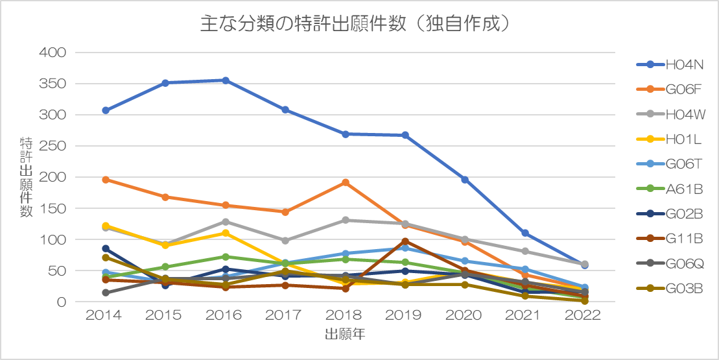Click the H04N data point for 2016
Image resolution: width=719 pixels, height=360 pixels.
pyautogui.click(x=225, y=80)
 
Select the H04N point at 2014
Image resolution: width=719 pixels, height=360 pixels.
pyautogui.click(x=106, y=110)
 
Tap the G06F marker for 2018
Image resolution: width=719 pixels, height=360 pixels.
pyautogui.click(x=346, y=182)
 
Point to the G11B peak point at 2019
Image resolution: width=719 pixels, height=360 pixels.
pyautogui.click(x=405, y=241)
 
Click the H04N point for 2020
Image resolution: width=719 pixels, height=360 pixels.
pyautogui.click(x=465, y=180)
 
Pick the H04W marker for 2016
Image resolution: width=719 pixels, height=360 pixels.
pyautogui.click(x=225, y=222)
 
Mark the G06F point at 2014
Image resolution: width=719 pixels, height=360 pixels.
pyautogui.click(x=106, y=180)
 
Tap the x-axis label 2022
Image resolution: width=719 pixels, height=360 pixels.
pyautogui.click(x=583, y=315)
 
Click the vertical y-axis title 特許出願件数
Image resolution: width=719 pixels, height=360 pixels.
pyautogui.click(x=26, y=177)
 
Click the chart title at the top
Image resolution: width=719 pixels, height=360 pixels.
pyautogui.click(x=359, y=24)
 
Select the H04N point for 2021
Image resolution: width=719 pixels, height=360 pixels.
pyautogui.click(x=525, y=233)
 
